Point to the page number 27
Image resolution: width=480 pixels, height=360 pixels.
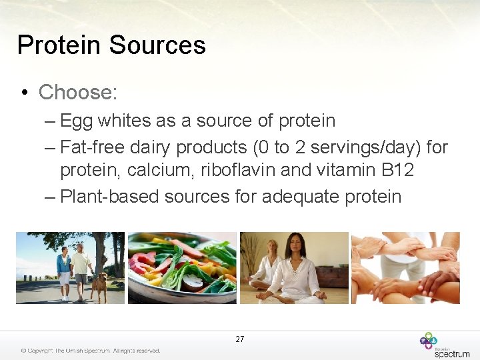pos(240,339)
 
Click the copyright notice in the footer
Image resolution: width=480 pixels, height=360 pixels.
pos(91,351)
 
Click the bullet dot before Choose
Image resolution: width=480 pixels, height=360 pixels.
pos(23,93)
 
